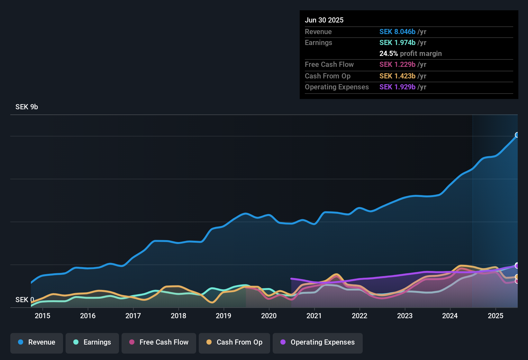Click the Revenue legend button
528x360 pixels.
(37, 342)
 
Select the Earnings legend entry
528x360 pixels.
(92, 342)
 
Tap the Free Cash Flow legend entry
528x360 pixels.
(159, 342)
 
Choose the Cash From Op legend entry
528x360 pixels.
(234, 342)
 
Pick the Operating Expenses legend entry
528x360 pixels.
(318, 342)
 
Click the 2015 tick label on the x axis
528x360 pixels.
(42, 316)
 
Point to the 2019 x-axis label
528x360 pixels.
(223, 316)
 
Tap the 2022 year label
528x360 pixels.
(360, 316)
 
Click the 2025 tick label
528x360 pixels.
(496, 316)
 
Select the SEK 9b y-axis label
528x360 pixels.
(27, 107)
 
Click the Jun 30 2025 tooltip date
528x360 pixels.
(324, 20)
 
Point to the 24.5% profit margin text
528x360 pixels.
(410, 54)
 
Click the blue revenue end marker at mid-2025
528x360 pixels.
(517, 135)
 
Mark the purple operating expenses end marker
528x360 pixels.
(517, 266)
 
